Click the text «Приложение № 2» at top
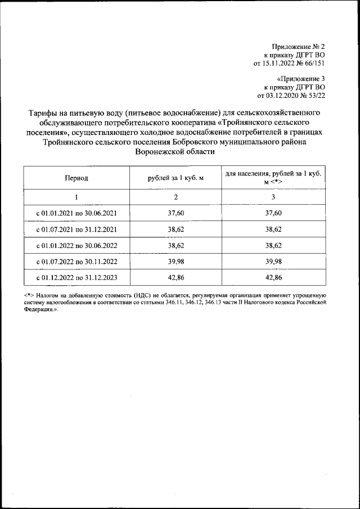pyautogui.click(x=298, y=46)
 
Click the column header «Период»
pyautogui.click(x=76, y=178)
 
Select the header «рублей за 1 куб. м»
pyautogui.click(x=175, y=178)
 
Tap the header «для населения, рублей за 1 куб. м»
pyautogui.click(x=273, y=178)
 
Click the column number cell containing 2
pyautogui.click(x=175, y=197)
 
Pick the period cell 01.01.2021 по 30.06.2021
pyautogui.click(x=76, y=213)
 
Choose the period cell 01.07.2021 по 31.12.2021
pyautogui.click(x=76, y=229)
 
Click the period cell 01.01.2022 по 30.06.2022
pyautogui.click(x=76, y=246)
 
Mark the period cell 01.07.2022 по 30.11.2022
pyautogui.click(x=76, y=262)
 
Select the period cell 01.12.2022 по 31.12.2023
pyautogui.click(x=76, y=278)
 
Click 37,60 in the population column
pyautogui.click(x=273, y=213)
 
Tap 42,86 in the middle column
pyautogui.click(x=175, y=278)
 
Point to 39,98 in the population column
pyautogui.click(x=273, y=262)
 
